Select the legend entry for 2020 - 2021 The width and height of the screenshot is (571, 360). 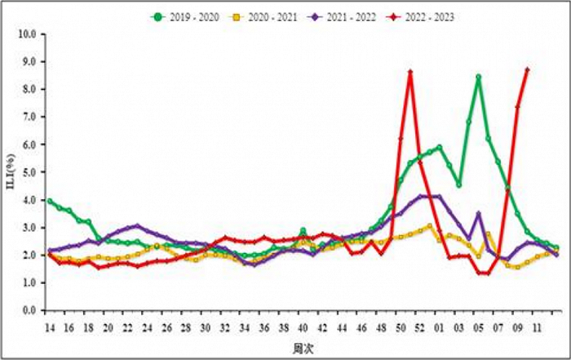(272, 16)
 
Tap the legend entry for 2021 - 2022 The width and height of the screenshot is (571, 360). (351, 16)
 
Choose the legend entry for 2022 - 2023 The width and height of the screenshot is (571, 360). (429, 16)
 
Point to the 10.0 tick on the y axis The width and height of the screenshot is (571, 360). (28, 34)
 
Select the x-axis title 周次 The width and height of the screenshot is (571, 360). (300, 348)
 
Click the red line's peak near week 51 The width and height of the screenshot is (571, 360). (410, 71)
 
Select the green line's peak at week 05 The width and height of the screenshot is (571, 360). (479, 77)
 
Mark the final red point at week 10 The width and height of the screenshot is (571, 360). (527, 69)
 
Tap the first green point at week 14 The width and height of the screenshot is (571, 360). (49, 201)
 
